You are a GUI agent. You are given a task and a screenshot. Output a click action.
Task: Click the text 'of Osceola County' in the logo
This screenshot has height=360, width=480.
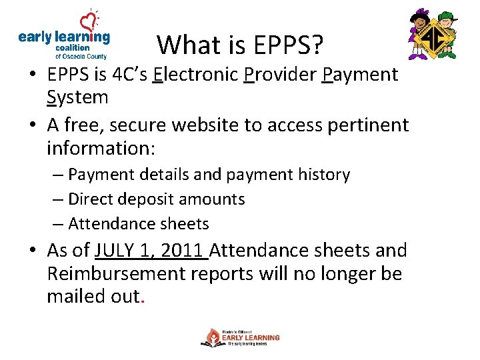coord(81,57)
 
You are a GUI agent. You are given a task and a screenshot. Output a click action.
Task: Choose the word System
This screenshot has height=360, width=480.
coord(77,97)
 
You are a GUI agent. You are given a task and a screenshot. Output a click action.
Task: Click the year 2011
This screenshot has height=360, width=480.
coord(181,251)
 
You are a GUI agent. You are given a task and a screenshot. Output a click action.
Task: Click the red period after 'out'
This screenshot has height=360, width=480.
coord(142,301)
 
